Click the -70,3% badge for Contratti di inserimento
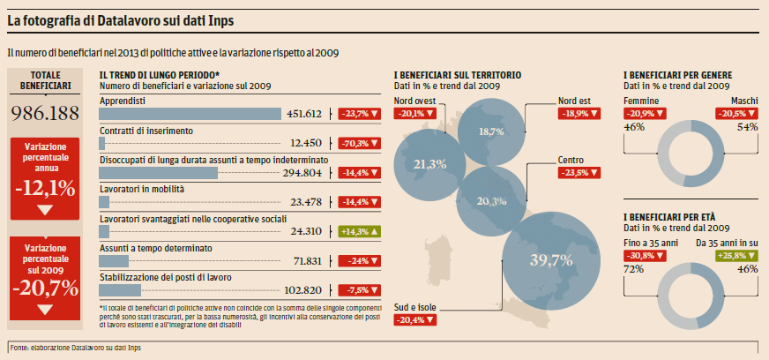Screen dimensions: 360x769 [x=361, y=143]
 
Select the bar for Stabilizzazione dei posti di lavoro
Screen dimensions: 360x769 [x=121, y=290]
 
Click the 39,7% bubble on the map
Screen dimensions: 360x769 [x=551, y=259]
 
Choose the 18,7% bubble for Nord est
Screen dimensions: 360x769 [x=491, y=131]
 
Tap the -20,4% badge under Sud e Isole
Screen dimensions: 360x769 [x=416, y=320]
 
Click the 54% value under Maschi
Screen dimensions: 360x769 [x=748, y=128]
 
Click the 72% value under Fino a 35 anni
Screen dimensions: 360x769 [x=634, y=268]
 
